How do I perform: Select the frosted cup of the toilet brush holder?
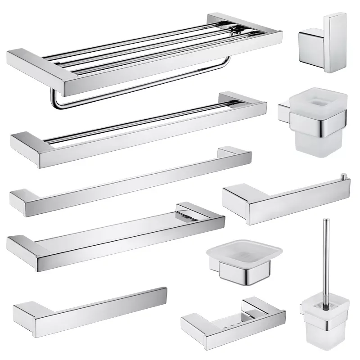322,333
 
